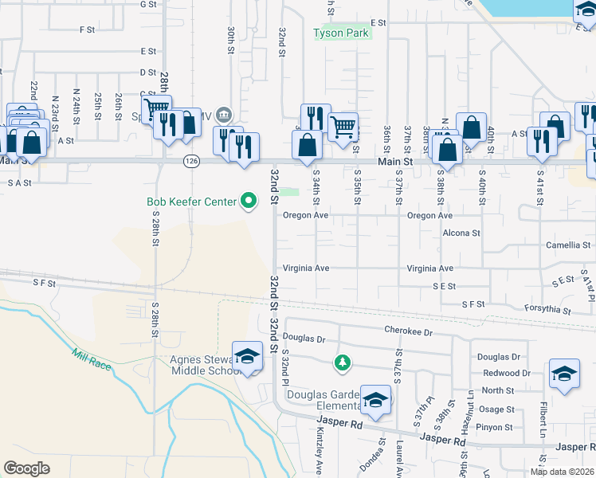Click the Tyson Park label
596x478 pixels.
coord(340,33)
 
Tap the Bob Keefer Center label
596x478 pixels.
coord(191,202)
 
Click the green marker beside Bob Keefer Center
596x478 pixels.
coord(249,202)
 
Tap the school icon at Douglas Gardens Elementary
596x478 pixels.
coord(374,401)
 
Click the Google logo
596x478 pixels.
coord(26,468)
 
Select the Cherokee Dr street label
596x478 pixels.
coord(407,331)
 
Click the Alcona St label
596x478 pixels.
coord(461,233)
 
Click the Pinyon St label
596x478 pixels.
coord(496,427)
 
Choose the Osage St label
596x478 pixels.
coord(496,409)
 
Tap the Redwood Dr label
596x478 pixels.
coord(506,373)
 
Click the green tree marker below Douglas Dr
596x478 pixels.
coord(343,363)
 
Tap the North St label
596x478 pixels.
coord(497,390)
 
